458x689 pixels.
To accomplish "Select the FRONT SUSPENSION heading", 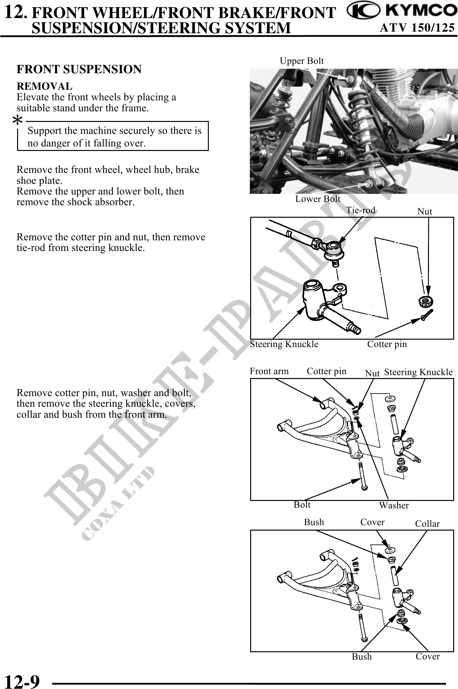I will (79, 69).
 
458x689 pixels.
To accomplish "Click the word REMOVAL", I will (45, 86).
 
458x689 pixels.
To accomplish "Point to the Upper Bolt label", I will (301, 61).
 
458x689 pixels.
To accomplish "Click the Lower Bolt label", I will (318, 199).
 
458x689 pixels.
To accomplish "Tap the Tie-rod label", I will (361, 210).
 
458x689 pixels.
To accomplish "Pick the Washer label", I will (394, 505).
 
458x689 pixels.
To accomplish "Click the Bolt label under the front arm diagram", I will (302, 504).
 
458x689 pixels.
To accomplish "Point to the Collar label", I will (427, 524).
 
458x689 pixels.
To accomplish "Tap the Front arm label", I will (269, 371).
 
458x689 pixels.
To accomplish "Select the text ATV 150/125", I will (417, 28).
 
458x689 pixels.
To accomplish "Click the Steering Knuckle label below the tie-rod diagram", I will (284, 344).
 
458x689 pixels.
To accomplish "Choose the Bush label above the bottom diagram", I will (314, 522).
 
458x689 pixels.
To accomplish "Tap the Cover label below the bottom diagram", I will (428, 656).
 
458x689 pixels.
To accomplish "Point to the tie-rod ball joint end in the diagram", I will (332, 249).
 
